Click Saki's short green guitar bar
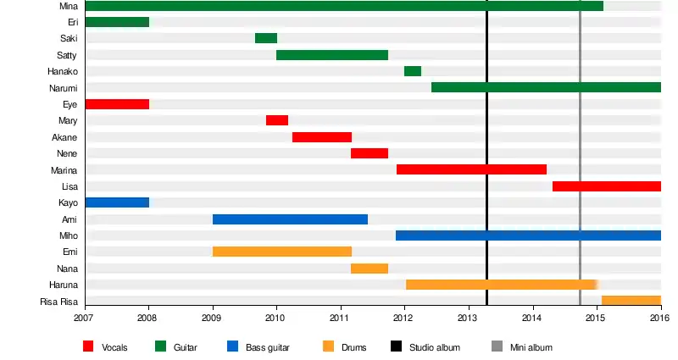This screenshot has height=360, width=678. pos(266,38)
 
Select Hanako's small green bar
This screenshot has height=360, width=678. pos(413,71)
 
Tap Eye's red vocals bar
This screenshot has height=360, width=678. pos(117,104)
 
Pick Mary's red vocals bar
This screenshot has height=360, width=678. pos(277,120)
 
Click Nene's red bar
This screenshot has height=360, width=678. pos(370,153)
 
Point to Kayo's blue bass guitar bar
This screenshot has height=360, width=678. pos(117,202)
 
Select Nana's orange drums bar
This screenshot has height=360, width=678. pos(370,269)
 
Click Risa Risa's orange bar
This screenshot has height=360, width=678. pos(631,301)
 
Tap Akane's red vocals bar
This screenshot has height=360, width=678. pos(322,137)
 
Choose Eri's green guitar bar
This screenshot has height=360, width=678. pos(117,22)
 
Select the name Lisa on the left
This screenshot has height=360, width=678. pos(70,186)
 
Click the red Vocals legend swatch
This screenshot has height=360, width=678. pos(88,346)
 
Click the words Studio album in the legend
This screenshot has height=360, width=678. pos(434,347)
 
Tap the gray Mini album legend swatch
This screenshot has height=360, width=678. pos(497,346)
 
